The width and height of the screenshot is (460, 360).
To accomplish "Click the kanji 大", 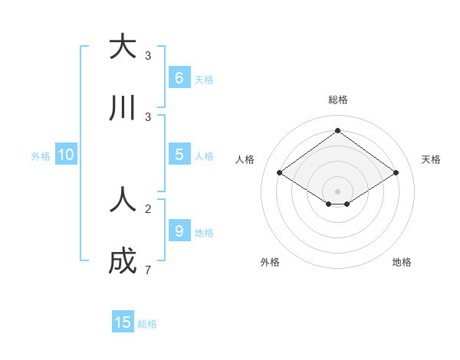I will tap(123, 47).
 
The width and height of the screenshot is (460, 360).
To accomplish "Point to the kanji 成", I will tap(123, 261).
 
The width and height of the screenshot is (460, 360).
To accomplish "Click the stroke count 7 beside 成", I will tap(148, 270).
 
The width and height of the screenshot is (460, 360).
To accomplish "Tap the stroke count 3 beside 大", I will tap(148, 56).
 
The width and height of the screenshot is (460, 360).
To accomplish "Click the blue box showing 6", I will tap(179, 77).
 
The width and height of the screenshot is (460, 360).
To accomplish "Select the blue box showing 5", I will tap(179, 154).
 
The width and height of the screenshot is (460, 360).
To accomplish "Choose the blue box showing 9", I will tap(179, 231).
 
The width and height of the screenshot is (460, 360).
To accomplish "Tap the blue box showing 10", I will tap(65, 155).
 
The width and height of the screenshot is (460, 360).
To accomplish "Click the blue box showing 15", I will tap(123, 322).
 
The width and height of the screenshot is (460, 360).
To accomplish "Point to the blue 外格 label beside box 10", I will tap(41, 156).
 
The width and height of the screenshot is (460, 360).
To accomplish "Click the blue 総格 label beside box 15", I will tap(148, 324).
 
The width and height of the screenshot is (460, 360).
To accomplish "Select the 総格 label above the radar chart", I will tap(338, 100).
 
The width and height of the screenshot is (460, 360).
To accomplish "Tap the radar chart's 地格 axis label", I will tap(402, 262).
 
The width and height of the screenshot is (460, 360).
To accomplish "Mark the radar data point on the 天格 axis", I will tap(396, 173).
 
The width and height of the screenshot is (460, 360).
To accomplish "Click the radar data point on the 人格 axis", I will tap(280, 173).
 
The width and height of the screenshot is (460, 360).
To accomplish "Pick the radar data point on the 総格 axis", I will tap(337, 130).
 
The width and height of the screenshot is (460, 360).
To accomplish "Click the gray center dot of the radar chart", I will tap(337, 191).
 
